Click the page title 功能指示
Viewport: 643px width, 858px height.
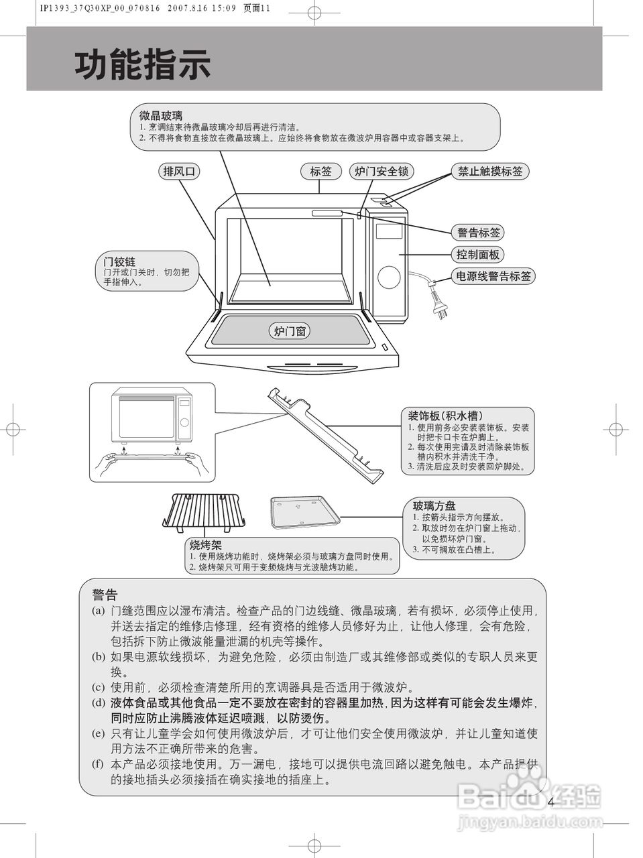pyautogui.click(x=142, y=65)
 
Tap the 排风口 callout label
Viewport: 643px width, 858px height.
pyautogui.click(x=180, y=172)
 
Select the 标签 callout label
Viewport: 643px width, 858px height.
pyautogui.click(x=320, y=172)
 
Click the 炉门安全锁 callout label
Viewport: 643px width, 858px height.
pyautogui.click(x=381, y=172)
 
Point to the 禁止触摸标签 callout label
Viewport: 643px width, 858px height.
pyautogui.click(x=489, y=172)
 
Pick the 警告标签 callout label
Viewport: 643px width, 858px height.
pyautogui.click(x=479, y=233)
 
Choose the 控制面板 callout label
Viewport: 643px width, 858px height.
pyautogui.click(x=478, y=255)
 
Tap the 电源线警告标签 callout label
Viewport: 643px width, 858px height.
pyautogui.click(x=493, y=276)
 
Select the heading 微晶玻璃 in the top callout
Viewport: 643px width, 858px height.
pyautogui.click(x=160, y=116)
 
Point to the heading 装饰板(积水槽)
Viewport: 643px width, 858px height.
pyautogui.click(x=445, y=416)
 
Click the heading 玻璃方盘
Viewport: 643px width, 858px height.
pyautogui.click(x=434, y=506)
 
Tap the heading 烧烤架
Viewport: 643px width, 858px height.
pyautogui.click(x=205, y=545)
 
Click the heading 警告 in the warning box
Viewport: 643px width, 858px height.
pyautogui.click(x=105, y=595)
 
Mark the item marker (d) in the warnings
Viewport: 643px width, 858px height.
pyautogui.click(x=99, y=703)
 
